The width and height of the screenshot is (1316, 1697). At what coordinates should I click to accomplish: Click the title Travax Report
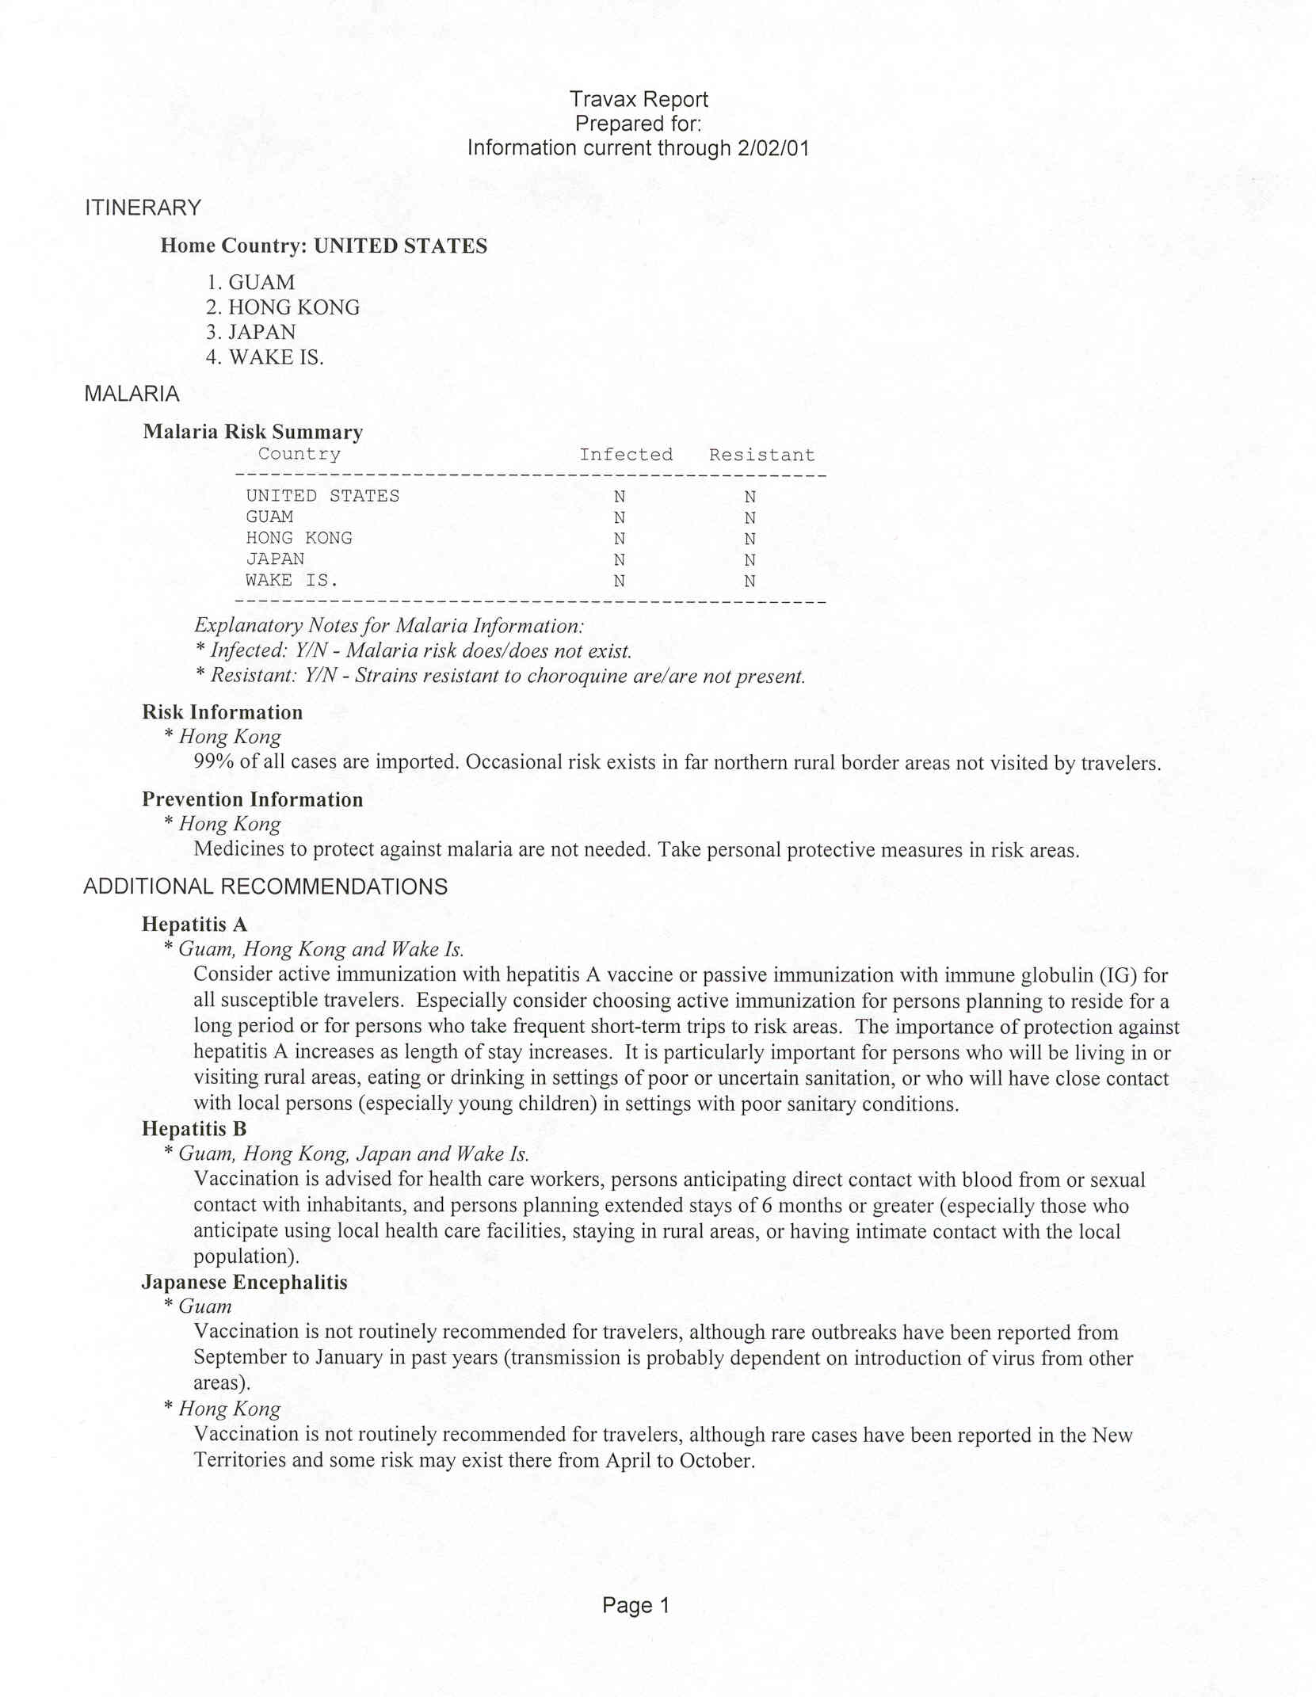[x=638, y=100]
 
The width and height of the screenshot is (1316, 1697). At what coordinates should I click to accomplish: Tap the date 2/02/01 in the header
[x=772, y=149]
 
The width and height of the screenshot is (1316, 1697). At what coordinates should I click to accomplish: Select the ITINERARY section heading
[x=143, y=208]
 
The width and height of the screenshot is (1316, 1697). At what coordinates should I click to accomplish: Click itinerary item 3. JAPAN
[x=251, y=332]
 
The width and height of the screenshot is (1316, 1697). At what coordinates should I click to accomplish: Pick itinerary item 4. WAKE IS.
[x=265, y=357]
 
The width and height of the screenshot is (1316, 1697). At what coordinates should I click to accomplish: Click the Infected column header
[x=626, y=455]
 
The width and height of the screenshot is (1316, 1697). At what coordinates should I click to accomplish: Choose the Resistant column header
[x=761, y=455]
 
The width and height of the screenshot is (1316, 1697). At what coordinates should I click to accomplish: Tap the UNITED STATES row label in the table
[x=322, y=496]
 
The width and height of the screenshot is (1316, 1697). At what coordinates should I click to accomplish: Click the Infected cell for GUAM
[x=620, y=517]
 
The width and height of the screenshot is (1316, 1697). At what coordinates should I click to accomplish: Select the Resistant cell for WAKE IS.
[x=750, y=581]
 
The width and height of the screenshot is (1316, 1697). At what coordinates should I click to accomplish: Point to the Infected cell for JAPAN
[x=620, y=559]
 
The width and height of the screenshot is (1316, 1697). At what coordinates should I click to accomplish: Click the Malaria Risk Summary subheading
[x=253, y=432]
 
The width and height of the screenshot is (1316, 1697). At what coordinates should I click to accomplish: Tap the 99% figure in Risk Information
[x=213, y=762]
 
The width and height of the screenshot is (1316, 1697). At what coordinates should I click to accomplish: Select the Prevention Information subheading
[x=252, y=799]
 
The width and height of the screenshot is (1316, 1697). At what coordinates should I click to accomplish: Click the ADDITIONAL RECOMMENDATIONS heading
[x=265, y=887]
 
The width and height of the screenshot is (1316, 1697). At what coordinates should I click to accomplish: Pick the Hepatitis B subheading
[x=194, y=1129]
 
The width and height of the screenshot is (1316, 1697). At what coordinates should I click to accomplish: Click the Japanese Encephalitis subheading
[x=244, y=1282]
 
